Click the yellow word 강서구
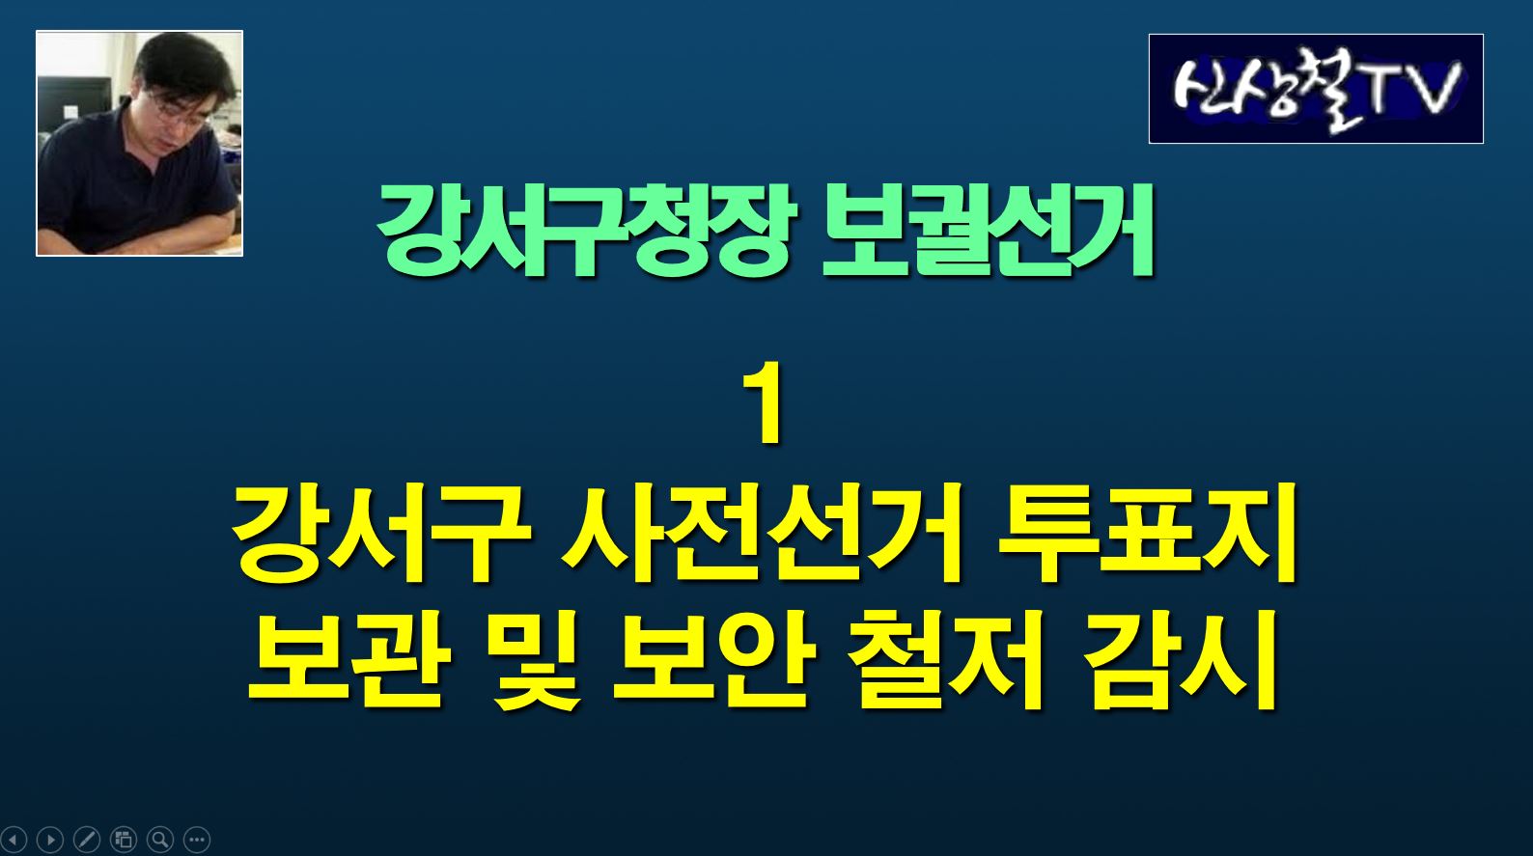pos(382,534)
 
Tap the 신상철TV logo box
pos(1316,89)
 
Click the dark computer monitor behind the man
pos(74,102)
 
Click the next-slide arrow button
pos(50,839)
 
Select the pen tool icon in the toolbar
pos(87,839)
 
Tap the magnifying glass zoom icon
pos(160,839)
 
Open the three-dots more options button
pos(197,839)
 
